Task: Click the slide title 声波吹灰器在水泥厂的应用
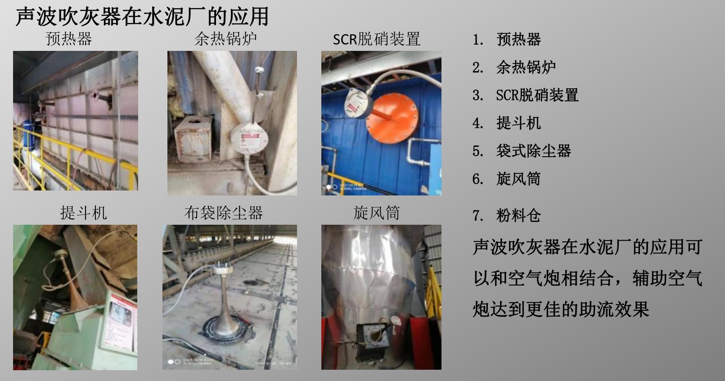pos(142,16)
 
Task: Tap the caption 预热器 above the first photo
pos(69,39)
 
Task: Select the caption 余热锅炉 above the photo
pos(225,39)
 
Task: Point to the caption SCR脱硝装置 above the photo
pos(377,39)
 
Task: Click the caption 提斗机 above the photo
pos(84,213)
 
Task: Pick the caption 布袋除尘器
pos(224,213)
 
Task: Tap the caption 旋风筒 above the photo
pos(377,213)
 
